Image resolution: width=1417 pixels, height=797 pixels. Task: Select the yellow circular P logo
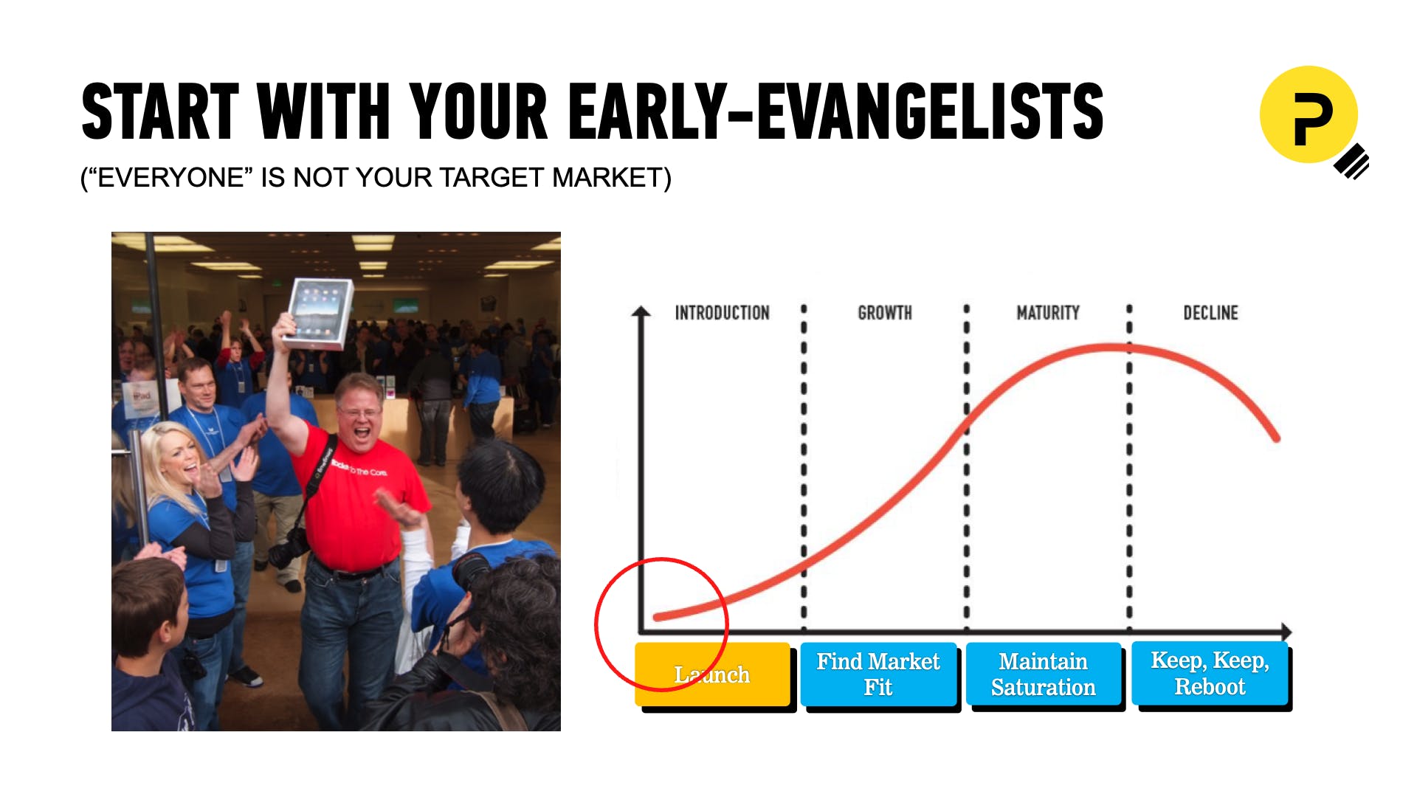coord(1309,115)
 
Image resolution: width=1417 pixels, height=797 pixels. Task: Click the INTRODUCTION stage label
coord(722,313)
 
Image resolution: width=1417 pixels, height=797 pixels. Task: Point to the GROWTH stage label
coord(885,313)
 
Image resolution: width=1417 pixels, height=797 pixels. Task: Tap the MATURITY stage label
coord(1048,313)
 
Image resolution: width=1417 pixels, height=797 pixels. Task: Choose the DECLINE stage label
coord(1211,313)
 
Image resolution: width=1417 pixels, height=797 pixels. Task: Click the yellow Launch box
coord(713,674)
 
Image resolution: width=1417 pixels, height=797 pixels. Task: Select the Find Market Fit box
coord(878,674)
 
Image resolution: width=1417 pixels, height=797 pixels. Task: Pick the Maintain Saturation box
coord(1044,674)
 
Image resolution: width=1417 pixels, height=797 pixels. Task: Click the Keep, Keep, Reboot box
coord(1210,674)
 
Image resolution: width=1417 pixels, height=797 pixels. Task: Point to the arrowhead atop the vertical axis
coord(641,311)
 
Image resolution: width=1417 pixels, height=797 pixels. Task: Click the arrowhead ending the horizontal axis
coord(1286,632)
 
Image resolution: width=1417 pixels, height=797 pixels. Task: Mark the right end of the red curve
coord(1276,438)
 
